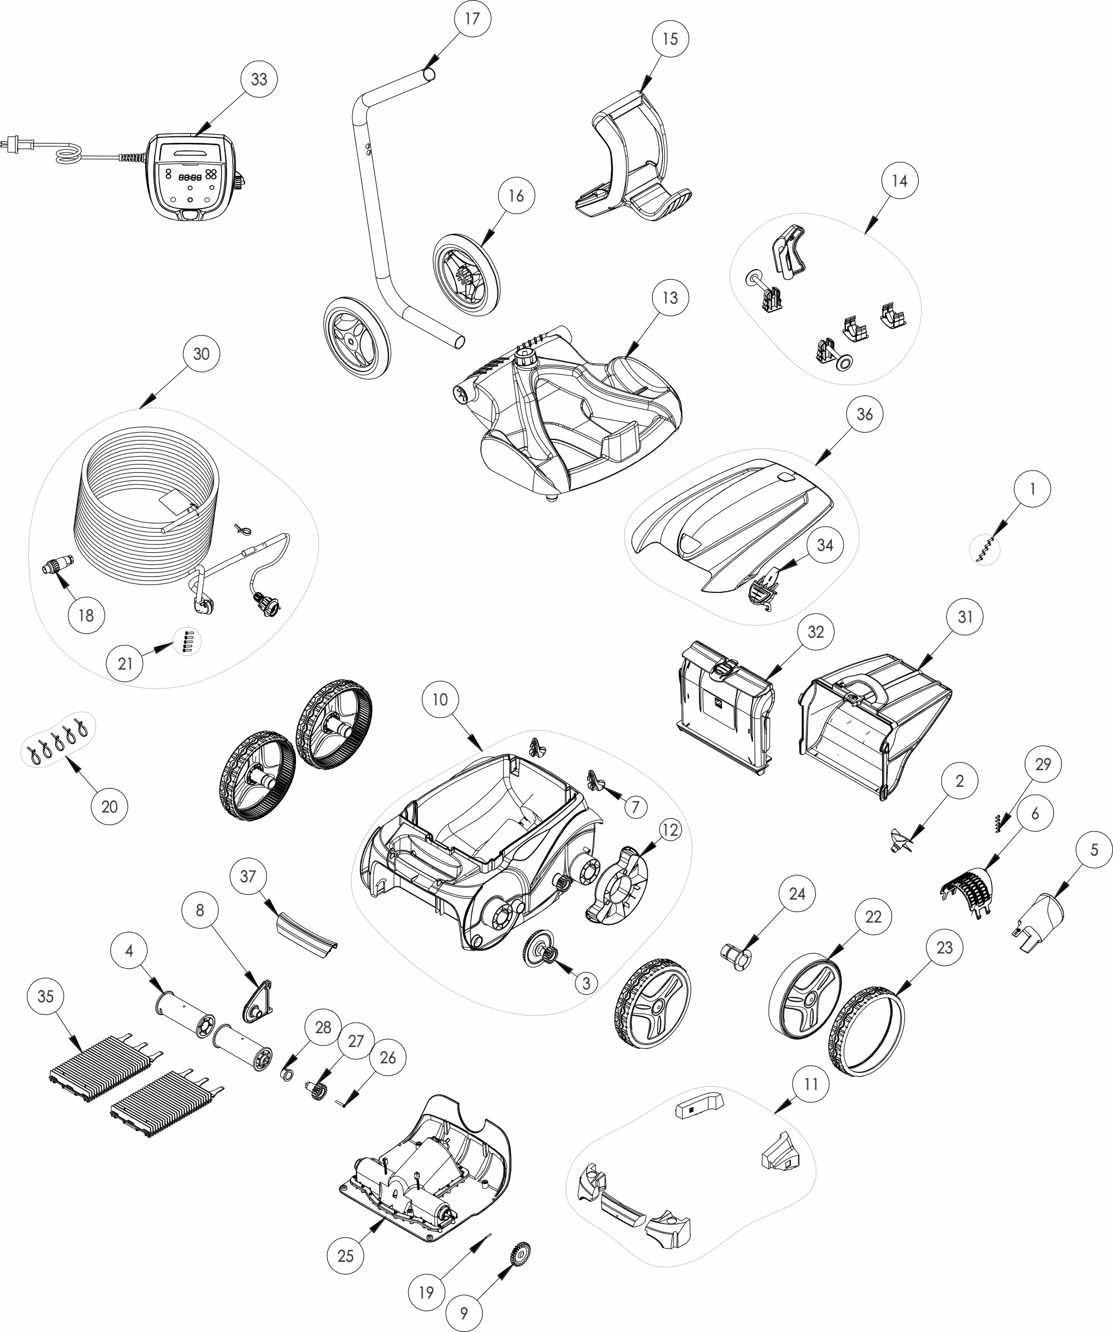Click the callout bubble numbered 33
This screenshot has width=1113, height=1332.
tap(259, 80)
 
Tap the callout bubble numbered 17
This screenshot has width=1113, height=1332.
tap(472, 19)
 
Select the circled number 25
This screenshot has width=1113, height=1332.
tap(346, 1255)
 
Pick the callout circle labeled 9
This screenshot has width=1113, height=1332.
tap(464, 1313)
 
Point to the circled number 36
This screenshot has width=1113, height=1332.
tap(865, 414)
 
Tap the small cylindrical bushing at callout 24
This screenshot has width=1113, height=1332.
tap(736, 956)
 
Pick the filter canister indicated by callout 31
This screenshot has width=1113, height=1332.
tap(876, 727)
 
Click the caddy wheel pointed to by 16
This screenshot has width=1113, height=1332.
tap(466, 275)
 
